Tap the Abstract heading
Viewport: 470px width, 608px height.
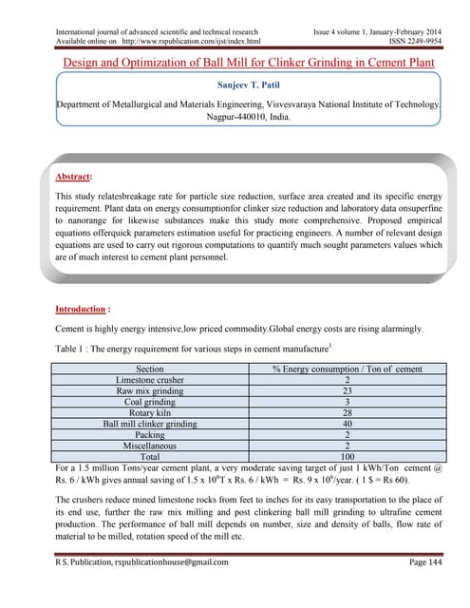[76, 176]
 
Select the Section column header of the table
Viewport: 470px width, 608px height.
[150, 368]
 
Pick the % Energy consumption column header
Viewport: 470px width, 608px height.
[347, 368]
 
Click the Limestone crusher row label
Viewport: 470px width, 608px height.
[150, 379]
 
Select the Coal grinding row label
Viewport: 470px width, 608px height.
[150, 401]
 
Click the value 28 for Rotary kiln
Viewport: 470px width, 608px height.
[347, 412]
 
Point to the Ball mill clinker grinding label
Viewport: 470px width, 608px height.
[150, 423]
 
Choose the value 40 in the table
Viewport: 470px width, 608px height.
[347, 423]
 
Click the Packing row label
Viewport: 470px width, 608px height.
[150, 434]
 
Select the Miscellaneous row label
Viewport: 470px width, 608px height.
[150, 445]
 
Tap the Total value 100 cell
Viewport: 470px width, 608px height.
[347, 456]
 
